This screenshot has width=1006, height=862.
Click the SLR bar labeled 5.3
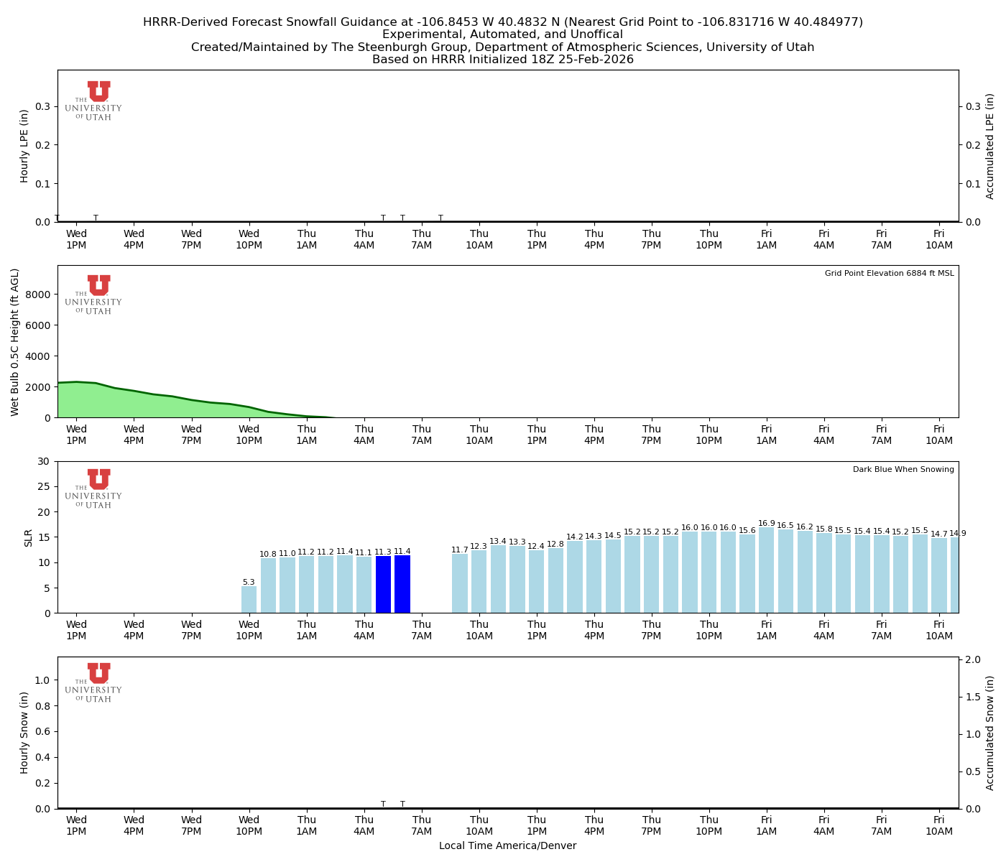point(249,600)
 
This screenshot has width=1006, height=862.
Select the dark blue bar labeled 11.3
point(383,585)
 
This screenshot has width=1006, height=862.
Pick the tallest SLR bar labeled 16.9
point(766,570)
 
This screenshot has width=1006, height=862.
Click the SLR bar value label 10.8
point(268,555)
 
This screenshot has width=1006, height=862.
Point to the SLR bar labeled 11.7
point(460,583)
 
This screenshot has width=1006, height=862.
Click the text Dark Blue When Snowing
point(903,470)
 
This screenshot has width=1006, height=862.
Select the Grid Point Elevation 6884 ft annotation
point(889,274)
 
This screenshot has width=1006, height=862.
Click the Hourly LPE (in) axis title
point(24,146)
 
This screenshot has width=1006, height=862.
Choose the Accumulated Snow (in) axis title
point(990,733)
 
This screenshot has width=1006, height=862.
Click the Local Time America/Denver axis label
point(507,846)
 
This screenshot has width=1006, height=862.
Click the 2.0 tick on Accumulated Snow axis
point(974,660)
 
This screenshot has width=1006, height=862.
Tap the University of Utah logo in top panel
point(94,101)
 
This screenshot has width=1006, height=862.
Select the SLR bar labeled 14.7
point(938,575)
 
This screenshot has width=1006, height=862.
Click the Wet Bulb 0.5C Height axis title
point(15,342)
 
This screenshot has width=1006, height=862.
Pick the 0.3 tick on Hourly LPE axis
point(42,106)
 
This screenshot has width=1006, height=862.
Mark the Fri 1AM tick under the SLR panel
point(766,630)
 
